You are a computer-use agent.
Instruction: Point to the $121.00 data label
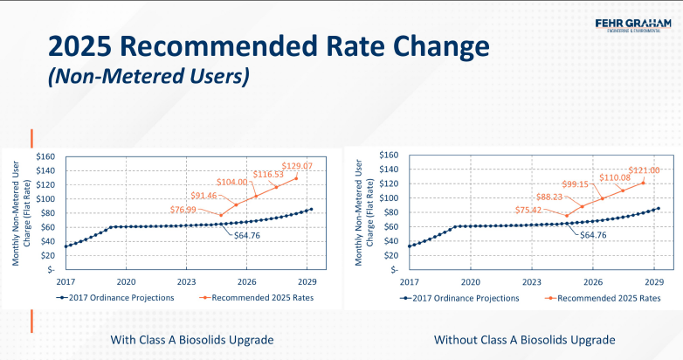644,170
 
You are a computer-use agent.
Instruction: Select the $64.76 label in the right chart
594,236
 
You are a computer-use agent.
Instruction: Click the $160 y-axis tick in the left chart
45,156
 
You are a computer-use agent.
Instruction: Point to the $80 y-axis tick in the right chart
390,212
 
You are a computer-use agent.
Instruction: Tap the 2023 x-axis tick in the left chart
186,282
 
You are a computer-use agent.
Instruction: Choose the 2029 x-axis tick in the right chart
655,282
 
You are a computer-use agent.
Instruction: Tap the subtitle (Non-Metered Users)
148,77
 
